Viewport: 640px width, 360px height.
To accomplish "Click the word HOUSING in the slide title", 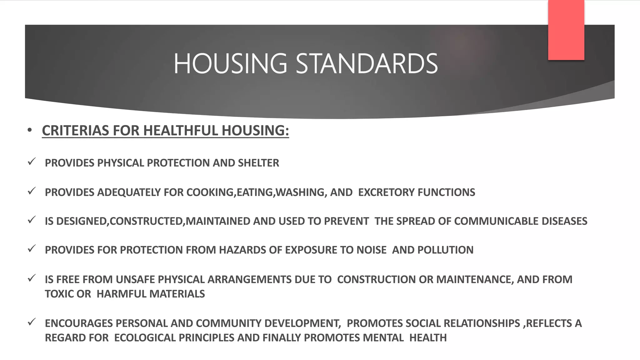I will coord(230,64).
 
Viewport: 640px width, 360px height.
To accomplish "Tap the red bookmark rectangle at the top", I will coord(566,30).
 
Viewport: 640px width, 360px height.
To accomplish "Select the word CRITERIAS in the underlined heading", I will coord(76,131).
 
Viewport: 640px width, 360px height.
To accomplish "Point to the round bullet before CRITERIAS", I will coord(30,130).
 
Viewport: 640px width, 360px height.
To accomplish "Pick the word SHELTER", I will coord(258,163).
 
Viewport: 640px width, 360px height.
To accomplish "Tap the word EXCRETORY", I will coord(386,192).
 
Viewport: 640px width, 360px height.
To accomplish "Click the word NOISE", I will coord(371,250).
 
